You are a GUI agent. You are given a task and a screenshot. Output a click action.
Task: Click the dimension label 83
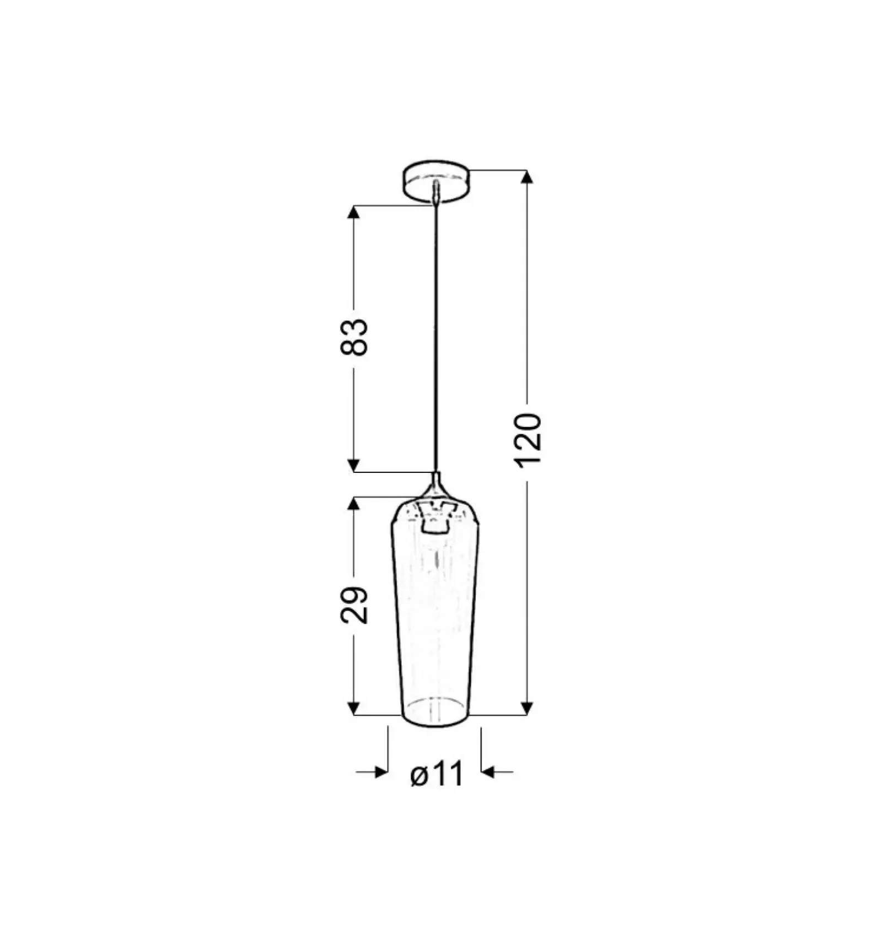coord(354,337)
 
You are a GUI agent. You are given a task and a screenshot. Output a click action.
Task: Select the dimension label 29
coord(354,605)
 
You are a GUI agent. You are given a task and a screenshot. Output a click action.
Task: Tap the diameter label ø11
coord(437,774)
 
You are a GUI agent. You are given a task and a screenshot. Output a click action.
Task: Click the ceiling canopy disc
coord(436,181)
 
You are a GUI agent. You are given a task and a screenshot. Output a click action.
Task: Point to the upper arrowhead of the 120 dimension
coord(528,176)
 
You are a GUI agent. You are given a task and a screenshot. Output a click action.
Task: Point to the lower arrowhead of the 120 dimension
coord(528,708)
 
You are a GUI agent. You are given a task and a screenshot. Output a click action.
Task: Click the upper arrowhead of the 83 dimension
coord(354,212)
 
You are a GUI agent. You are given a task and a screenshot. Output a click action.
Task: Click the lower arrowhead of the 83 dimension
coord(354,465)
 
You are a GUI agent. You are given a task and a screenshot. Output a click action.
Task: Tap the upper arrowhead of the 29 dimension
coord(354,504)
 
